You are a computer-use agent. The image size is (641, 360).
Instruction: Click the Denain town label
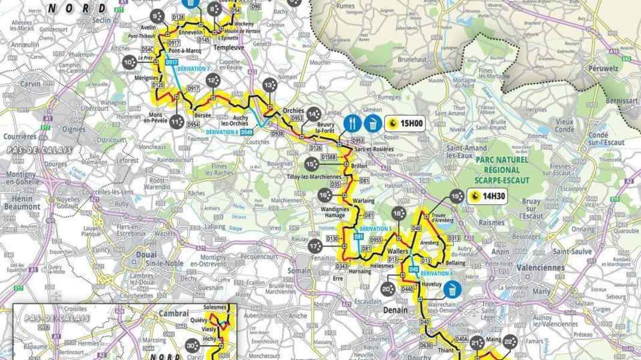point(396,310)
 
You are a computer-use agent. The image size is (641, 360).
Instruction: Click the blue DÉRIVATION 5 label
point(375,228)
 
